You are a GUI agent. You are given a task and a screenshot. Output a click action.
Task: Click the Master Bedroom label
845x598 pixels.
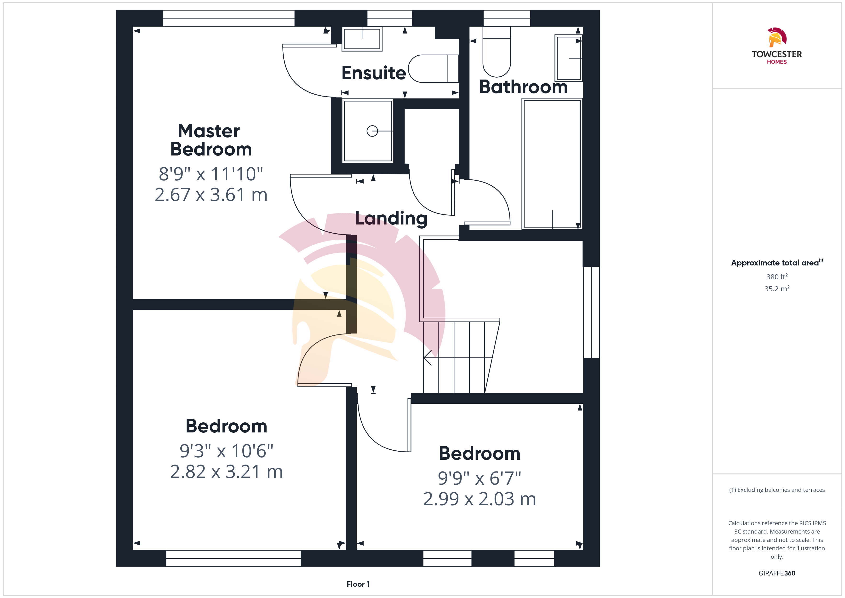pos(211,140)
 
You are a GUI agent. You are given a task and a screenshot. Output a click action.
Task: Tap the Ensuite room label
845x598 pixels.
pos(374,73)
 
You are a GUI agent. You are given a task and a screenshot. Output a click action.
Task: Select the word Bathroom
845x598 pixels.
pos(523,87)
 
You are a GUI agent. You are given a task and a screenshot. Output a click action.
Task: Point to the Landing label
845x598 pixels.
pos(391,218)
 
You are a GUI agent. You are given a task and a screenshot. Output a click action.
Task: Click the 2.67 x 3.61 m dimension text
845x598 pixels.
pos(211,195)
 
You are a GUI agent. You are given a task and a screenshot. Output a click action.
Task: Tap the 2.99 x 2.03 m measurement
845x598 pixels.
pos(480,499)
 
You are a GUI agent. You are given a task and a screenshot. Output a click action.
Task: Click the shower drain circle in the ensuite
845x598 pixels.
pos(372,131)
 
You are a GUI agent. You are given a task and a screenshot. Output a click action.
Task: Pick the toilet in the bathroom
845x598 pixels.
pos(497,52)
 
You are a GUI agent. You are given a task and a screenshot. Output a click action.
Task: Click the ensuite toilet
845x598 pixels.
pos(434,69)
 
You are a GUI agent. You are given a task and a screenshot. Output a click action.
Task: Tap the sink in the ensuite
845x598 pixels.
pos(362,39)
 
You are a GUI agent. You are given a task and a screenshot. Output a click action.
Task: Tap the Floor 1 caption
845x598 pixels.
pos(358,584)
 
